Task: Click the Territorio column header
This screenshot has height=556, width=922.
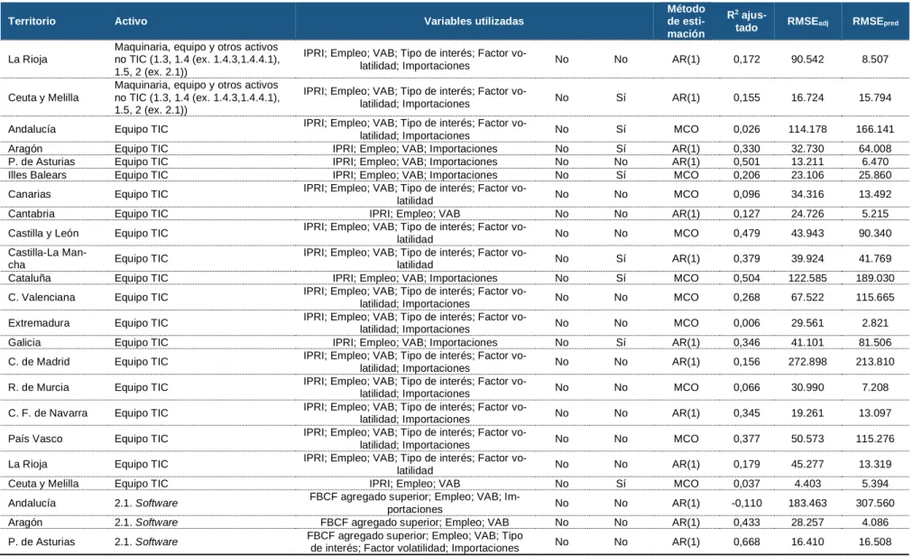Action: point(32,21)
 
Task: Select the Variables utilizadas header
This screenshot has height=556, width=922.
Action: point(474,21)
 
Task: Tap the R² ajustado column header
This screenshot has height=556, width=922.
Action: point(746,21)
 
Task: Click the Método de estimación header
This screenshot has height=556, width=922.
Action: point(686,21)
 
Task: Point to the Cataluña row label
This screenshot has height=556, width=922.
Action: point(30,278)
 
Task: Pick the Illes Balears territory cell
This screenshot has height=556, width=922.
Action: point(37,175)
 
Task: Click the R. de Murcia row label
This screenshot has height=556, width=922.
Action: point(38,387)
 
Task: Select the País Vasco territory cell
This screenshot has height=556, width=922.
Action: point(35,439)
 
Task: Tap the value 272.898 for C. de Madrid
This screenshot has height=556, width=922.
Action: point(807,362)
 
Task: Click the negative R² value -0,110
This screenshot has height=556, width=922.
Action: point(746,503)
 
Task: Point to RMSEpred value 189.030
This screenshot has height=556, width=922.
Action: point(875,278)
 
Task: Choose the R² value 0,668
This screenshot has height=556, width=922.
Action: point(746,542)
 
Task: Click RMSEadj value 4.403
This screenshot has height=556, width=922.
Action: point(807,484)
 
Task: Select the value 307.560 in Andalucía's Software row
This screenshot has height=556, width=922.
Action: point(875,503)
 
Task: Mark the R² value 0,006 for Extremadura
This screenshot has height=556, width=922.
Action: point(746,323)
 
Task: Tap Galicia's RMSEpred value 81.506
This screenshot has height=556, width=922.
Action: point(875,342)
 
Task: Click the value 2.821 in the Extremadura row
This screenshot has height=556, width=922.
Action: point(875,323)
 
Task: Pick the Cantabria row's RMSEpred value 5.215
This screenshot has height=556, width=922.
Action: point(875,214)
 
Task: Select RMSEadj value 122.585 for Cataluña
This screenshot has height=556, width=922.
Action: point(807,278)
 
